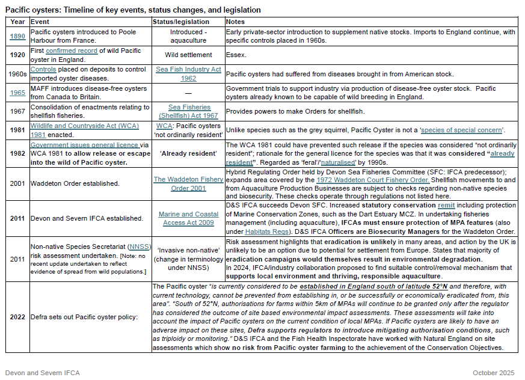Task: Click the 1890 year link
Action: [17, 36]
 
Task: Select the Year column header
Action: [17, 22]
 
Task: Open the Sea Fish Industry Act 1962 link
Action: [188, 74]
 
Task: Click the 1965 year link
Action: [17, 93]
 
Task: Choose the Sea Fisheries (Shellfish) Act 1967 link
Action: [188, 111]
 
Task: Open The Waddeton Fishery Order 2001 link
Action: [188, 183]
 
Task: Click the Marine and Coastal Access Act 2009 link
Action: [188, 218]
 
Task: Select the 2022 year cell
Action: [17, 316]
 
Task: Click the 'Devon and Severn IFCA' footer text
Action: [42, 373]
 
